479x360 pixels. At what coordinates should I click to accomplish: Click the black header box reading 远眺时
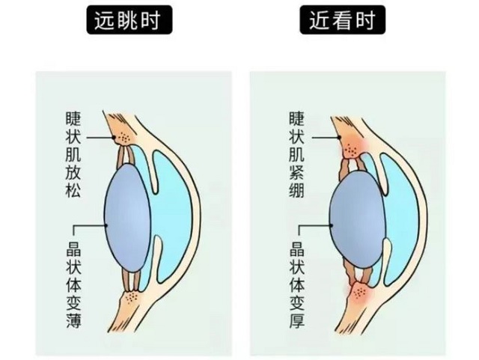pyautogui.click(x=129, y=20)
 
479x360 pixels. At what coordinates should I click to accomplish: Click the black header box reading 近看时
pyautogui.click(x=342, y=20)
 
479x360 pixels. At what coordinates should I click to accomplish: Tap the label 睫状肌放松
pyautogui.click(x=73, y=155)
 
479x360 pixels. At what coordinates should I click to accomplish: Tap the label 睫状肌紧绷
pyautogui.click(x=297, y=155)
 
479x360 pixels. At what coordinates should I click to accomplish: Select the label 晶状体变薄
pyautogui.click(x=73, y=285)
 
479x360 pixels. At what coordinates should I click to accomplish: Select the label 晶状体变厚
pyautogui.click(x=297, y=285)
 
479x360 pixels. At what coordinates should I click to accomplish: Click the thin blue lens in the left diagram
pyautogui.click(x=128, y=218)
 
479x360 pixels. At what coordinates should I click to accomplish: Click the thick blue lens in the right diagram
pyautogui.click(x=356, y=219)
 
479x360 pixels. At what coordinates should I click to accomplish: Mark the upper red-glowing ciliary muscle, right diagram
pyautogui.click(x=351, y=148)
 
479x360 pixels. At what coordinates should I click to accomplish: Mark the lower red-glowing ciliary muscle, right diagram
pyautogui.click(x=359, y=293)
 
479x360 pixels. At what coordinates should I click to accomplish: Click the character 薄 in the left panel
pyautogui.click(x=73, y=320)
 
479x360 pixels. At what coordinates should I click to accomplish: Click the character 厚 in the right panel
pyautogui.click(x=297, y=320)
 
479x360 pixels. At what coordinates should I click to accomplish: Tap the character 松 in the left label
pyautogui.click(x=73, y=190)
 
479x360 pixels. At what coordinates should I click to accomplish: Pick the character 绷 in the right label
pyautogui.click(x=297, y=190)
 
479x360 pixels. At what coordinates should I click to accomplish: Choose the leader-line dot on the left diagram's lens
pyautogui.click(x=106, y=225)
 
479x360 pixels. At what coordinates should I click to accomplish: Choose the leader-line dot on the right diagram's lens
pyautogui.click(x=331, y=225)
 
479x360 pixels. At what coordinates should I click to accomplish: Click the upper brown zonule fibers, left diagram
pyautogui.click(x=126, y=156)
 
